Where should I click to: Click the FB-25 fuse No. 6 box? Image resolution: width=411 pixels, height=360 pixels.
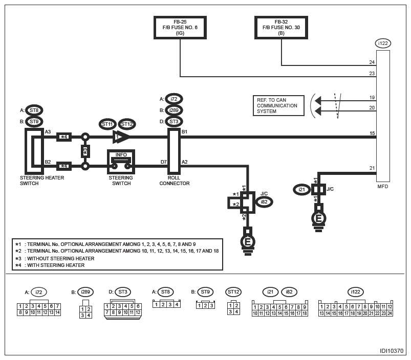tap(180, 28)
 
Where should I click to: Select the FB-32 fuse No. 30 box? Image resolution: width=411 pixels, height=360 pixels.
tap(281, 28)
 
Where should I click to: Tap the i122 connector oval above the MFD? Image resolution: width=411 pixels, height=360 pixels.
tap(383, 43)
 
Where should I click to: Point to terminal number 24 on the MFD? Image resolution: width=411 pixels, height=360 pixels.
tap(372, 62)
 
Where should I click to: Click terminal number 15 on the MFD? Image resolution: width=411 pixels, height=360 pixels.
tap(372, 133)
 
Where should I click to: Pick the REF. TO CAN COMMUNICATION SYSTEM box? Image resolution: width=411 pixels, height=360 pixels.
tap(278, 105)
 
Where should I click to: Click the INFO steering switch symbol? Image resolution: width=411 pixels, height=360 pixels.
tap(121, 162)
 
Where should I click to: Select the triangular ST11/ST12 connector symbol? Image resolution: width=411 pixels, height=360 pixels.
tap(121, 137)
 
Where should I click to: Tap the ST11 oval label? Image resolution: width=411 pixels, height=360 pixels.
tap(107, 124)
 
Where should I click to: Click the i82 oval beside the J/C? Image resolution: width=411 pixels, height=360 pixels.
tap(264, 202)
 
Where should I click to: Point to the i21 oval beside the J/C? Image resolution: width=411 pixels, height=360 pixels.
tap(301, 189)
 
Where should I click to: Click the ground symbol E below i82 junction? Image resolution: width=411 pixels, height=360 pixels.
tap(248, 241)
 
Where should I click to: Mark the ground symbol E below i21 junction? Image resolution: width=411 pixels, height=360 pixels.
tap(318, 218)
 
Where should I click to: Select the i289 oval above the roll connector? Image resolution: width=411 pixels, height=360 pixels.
tap(174, 110)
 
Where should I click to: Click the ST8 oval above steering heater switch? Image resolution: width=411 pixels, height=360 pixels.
tap(34, 110)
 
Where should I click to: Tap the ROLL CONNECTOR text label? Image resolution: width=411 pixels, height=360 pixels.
tap(175, 181)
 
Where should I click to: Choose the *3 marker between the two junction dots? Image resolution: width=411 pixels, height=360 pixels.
tap(85, 151)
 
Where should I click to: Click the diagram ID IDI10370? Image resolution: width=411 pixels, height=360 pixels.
tap(392, 351)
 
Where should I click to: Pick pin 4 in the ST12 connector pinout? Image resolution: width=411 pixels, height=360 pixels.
tap(236, 311)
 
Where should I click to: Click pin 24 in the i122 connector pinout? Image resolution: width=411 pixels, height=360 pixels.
tap(390, 313)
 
